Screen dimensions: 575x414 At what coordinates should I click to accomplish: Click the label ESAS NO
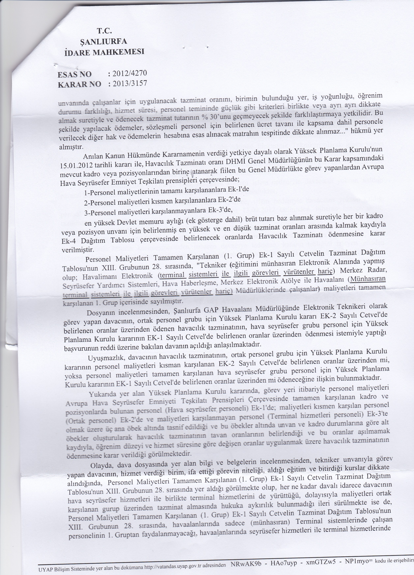[75, 75]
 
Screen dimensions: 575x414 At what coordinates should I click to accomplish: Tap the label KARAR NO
[79, 85]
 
